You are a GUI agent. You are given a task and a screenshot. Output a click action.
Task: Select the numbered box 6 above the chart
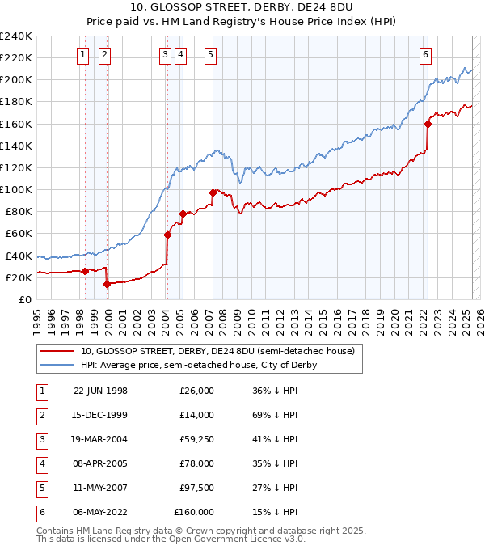425,55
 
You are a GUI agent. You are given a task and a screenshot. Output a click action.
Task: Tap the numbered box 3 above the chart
165,55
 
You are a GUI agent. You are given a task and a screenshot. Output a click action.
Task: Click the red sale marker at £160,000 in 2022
428,124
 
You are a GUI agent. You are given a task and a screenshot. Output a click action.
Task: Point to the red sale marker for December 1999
107,284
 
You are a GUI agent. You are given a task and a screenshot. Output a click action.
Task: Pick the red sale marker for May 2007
213,192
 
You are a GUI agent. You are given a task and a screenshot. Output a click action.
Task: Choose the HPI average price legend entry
198,365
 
